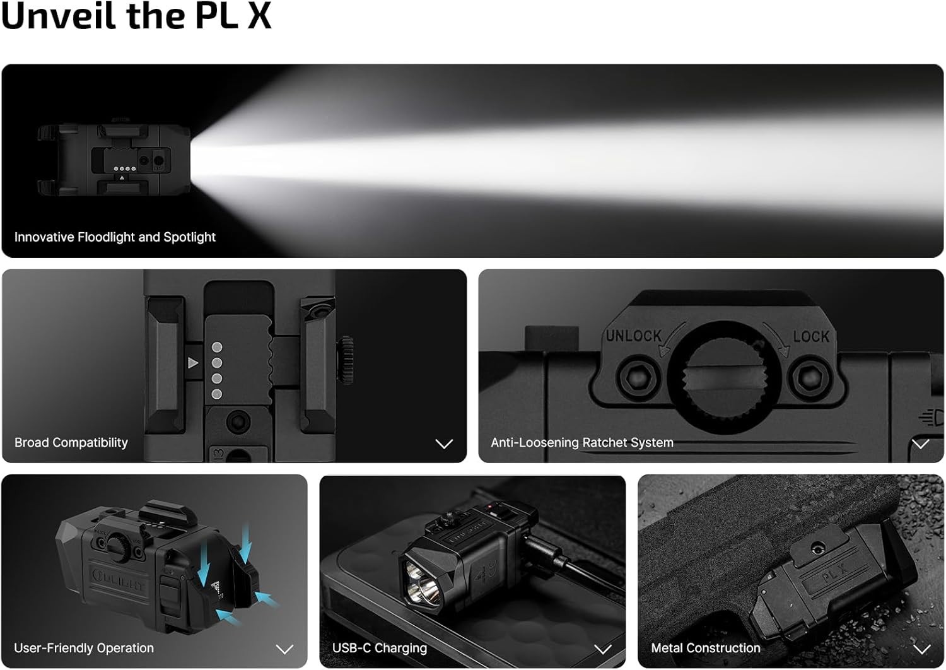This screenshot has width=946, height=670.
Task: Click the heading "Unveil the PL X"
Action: [x=136, y=16]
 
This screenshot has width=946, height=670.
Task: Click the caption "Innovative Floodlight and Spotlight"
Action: [x=115, y=237]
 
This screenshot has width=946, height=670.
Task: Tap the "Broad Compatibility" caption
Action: [x=71, y=443]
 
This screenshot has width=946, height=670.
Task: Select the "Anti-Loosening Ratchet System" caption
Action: [x=581, y=443]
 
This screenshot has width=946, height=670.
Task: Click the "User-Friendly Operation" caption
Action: [x=84, y=648]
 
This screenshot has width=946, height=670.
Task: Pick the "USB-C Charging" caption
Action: [x=379, y=648]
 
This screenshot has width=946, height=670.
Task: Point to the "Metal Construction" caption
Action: [x=705, y=648]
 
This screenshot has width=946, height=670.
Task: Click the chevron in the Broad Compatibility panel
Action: [x=444, y=444]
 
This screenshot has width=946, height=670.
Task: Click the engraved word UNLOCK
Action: [x=633, y=336]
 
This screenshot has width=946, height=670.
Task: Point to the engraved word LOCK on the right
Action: [x=811, y=336]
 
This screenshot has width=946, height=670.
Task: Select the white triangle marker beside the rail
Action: [x=193, y=363]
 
